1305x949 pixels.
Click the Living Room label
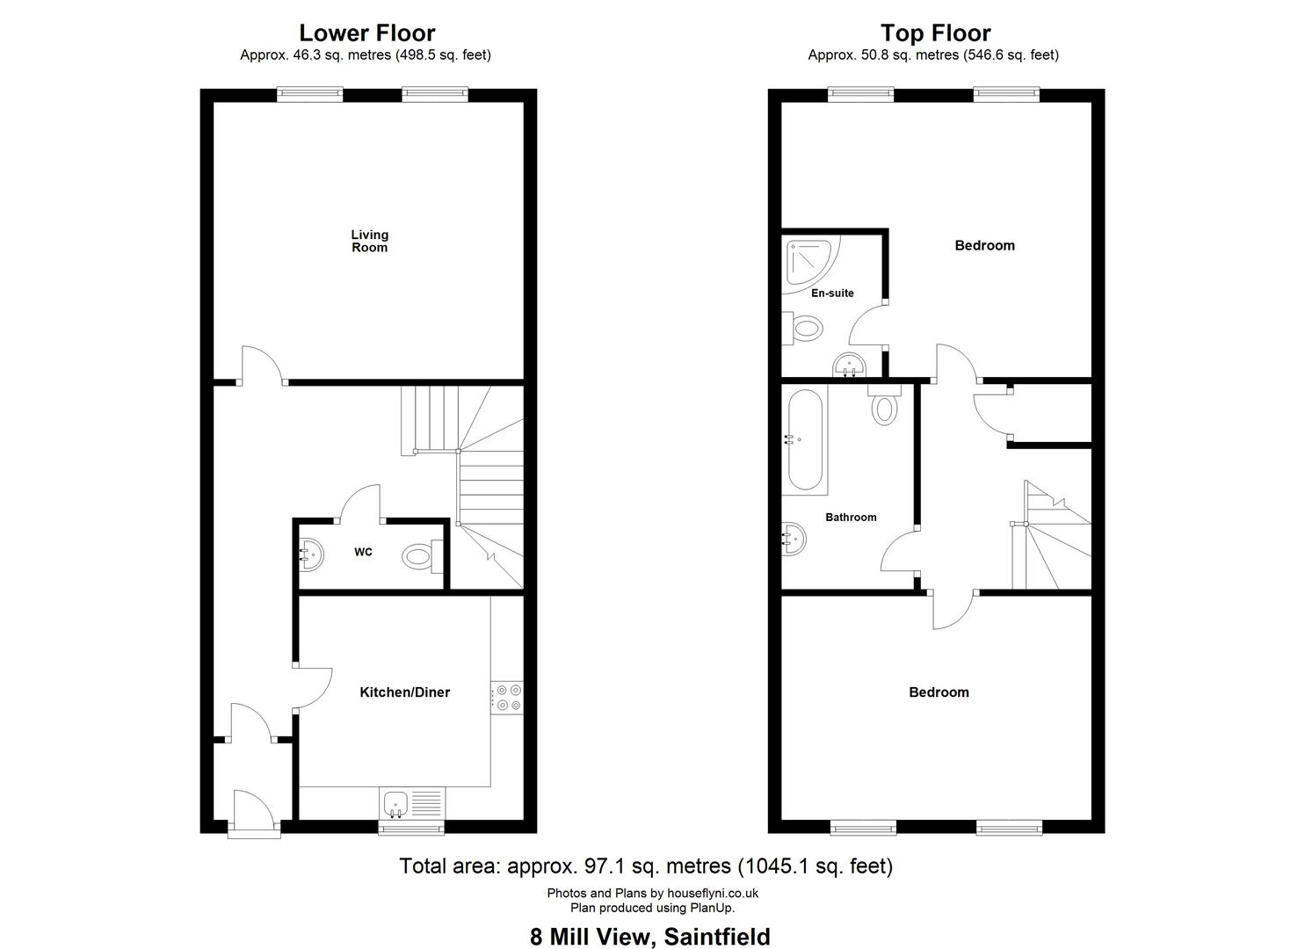coord(369,241)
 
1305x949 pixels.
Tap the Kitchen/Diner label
coord(405,692)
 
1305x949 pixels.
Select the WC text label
coord(363,552)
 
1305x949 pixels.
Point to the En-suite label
coord(832,293)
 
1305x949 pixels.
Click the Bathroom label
coord(851,518)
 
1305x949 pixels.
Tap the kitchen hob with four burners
coord(507,698)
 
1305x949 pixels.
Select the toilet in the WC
coord(423,557)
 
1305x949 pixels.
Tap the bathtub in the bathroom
coord(805,440)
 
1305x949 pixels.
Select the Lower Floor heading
coord(367,33)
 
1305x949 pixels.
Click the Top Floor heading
coord(935,33)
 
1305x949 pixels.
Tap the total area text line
coord(646,866)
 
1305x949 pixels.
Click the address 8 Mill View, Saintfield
coord(650,937)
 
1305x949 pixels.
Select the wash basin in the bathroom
coord(794,539)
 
